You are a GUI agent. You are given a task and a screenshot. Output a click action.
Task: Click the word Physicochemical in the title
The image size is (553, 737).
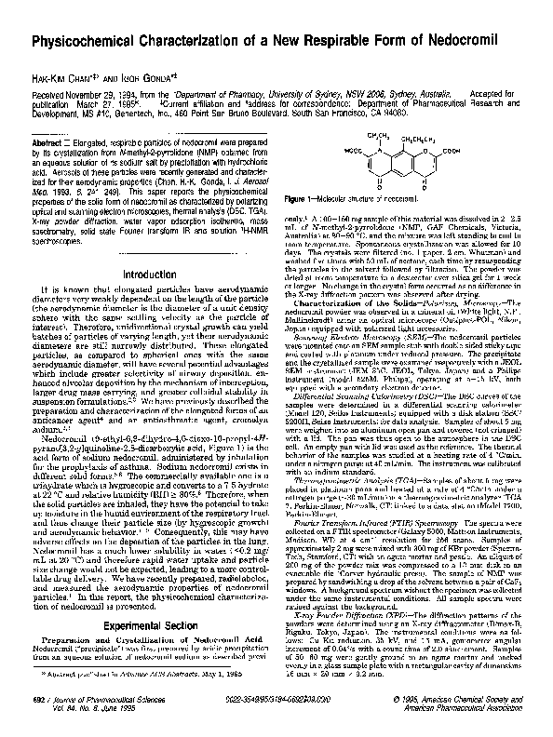pos(88,43)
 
